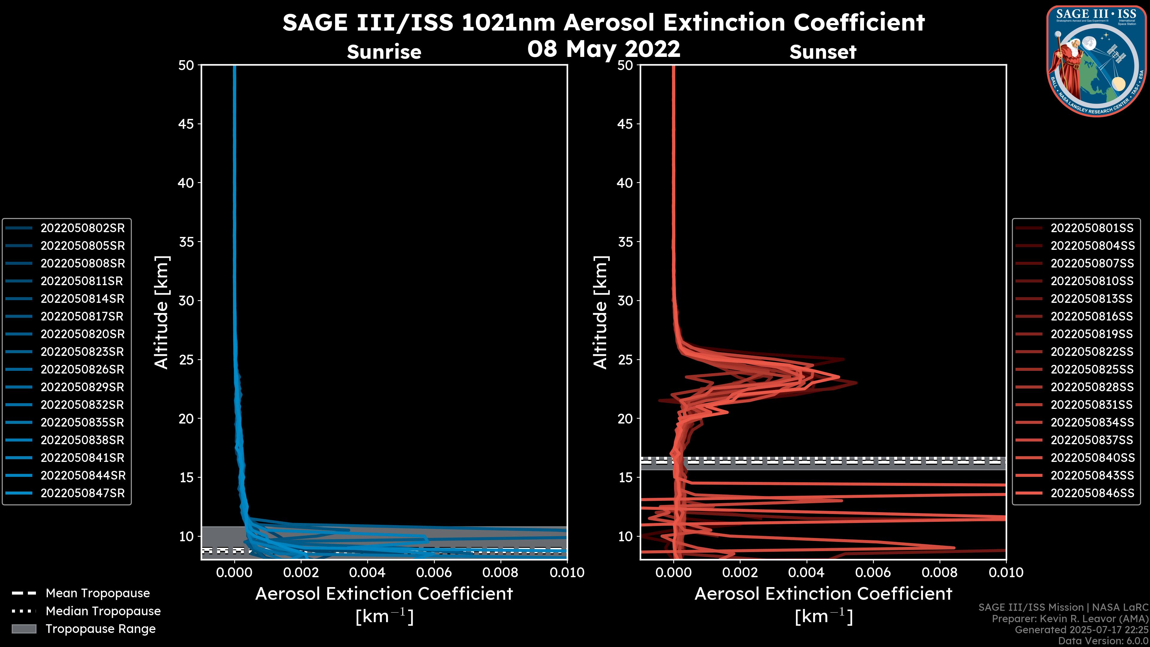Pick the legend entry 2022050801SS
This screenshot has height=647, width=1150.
point(1092,228)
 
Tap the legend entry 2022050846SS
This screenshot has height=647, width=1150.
point(1092,493)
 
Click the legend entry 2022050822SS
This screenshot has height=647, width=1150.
point(1092,352)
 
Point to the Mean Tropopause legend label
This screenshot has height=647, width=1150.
point(98,593)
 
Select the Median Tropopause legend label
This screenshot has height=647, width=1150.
point(103,611)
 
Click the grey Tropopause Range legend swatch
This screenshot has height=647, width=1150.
point(24,629)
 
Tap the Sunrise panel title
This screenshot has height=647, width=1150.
point(384,52)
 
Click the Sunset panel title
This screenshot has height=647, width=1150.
point(823,52)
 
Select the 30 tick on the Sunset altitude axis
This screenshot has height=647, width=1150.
point(625,301)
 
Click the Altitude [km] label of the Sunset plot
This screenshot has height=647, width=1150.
point(600,312)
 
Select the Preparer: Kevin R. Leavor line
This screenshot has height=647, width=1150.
point(1070,619)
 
